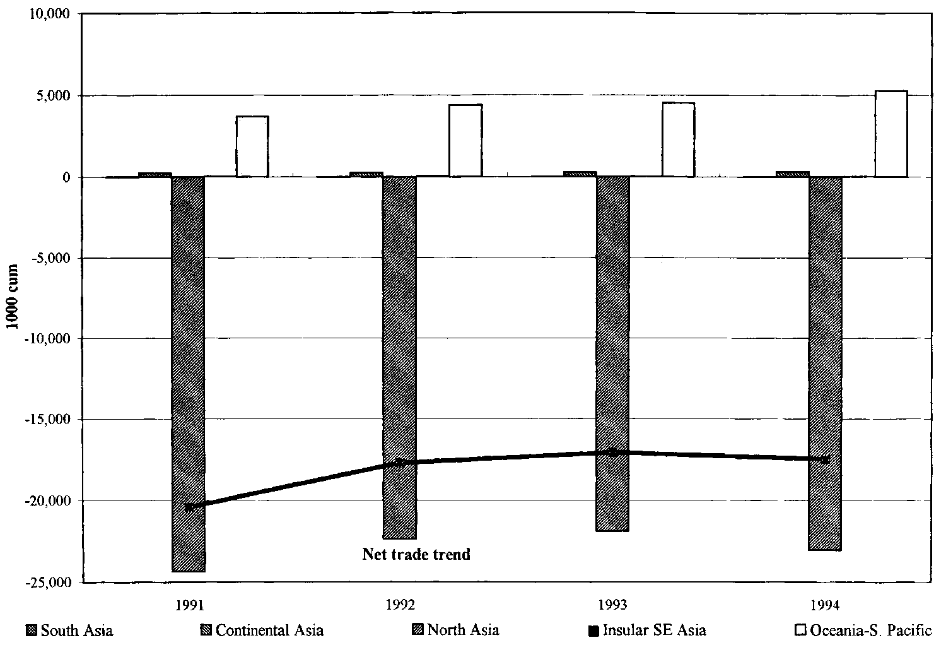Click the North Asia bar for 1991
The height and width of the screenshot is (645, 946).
[188, 374]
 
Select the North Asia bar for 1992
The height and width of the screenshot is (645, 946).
[399, 357]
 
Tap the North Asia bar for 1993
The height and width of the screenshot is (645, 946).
[612, 353]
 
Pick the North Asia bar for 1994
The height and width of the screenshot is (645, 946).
[826, 363]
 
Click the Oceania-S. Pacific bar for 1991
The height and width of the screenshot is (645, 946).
[252, 146]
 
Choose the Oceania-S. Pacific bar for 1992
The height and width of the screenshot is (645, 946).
[465, 141]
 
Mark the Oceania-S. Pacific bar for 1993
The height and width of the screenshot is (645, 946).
[679, 139]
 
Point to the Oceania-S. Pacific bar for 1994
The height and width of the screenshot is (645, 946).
[891, 134]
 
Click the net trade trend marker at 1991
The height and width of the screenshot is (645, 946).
[189, 507]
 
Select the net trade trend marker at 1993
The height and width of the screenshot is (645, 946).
[612, 452]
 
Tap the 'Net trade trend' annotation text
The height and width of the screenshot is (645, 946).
[416, 555]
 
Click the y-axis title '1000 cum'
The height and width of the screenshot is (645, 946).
[13, 297]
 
